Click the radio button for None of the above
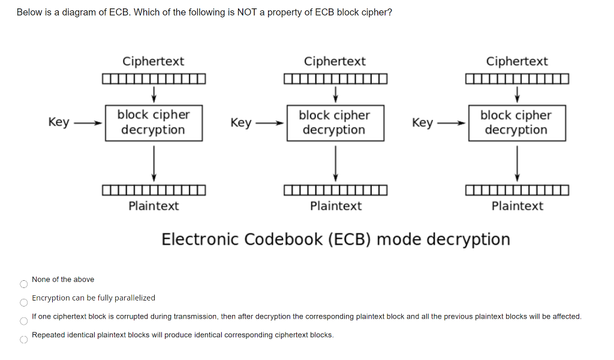coord(23,284)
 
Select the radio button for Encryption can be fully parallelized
coord(23,302)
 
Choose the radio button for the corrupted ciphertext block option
coord(23,321)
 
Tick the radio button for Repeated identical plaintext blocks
coord(23,340)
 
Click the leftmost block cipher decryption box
coord(153,122)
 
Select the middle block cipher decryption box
coord(335,122)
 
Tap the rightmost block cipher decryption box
coord(516,122)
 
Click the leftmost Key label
coord(59,122)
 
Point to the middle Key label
coord(240,123)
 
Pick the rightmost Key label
coord(422,123)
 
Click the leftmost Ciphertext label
coord(153,61)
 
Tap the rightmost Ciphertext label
coord(516,61)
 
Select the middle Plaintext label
coord(336,206)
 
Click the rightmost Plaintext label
coord(517,206)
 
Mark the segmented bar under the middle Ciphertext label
coord(336,79)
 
